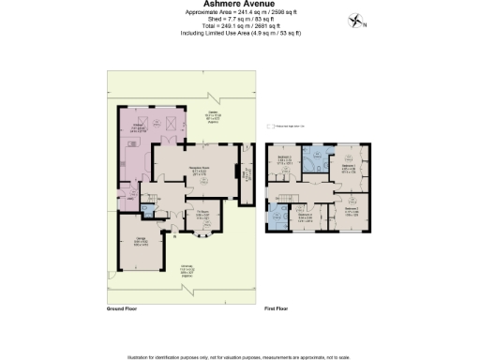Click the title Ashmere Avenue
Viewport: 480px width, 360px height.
pos(239,4)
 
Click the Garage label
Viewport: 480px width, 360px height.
pos(141,241)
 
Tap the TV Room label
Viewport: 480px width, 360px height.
pos(202,213)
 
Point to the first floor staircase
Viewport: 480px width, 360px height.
pos(285,196)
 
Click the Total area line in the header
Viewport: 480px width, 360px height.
pos(239,27)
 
